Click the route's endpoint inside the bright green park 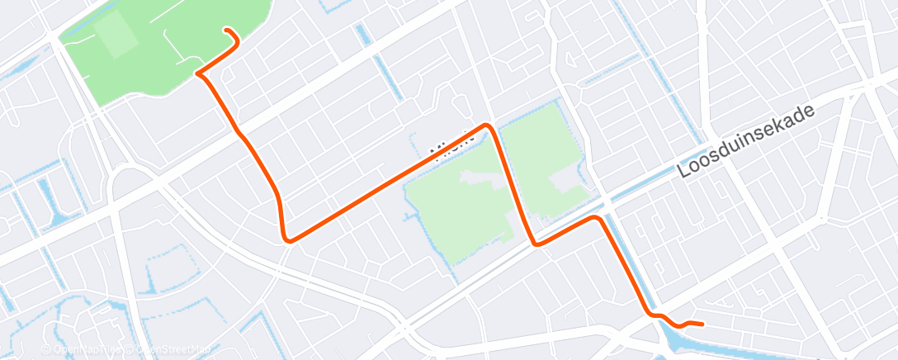point(228,31)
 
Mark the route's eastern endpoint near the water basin point(701,324)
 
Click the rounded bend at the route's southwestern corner point(286,239)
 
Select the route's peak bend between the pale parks point(488,126)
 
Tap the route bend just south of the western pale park point(536,244)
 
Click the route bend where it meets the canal point(597,219)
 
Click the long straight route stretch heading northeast point(388,182)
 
